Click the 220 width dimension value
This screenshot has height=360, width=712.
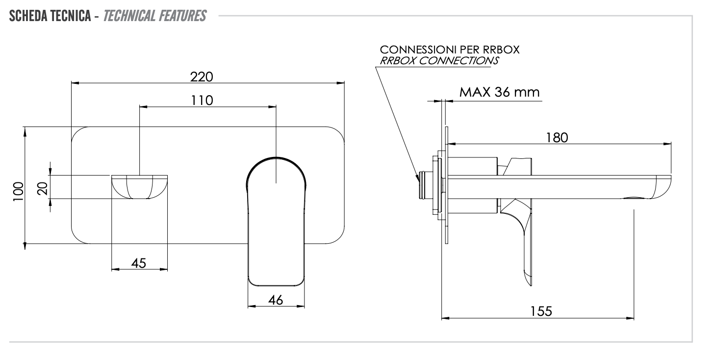(202, 77)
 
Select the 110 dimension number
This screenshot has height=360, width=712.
(202, 100)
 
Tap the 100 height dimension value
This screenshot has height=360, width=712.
(18, 189)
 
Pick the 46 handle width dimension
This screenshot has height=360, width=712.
(276, 301)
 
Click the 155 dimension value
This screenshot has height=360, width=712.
(540, 311)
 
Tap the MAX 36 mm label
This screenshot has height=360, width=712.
(500, 92)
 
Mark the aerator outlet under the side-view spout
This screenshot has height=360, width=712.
(636, 199)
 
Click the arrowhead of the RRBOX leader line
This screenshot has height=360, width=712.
(417, 177)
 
